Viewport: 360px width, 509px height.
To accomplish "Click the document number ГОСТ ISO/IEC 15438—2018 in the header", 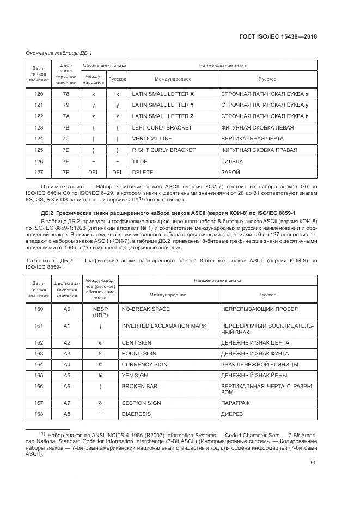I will (278, 36).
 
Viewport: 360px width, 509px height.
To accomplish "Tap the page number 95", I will (313, 463).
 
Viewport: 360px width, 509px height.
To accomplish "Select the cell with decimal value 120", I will (39, 94).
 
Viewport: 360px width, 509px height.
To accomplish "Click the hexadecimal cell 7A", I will (66, 116).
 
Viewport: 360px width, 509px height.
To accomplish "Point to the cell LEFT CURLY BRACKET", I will (162, 127).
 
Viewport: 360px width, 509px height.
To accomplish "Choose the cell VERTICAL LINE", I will (153, 139).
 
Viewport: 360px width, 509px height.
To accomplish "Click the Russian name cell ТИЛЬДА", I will (232, 161).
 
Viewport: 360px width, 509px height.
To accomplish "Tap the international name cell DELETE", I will (143, 173).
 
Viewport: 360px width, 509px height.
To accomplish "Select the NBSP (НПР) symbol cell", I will (100, 312).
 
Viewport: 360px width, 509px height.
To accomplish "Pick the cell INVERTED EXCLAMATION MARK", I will (164, 326).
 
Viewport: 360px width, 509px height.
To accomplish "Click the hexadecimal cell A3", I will (67, 353).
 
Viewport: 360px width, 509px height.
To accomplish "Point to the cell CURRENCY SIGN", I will (144, 364).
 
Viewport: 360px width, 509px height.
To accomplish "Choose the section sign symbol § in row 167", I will (100, 403).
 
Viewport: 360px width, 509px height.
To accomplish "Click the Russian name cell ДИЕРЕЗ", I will (233, 414).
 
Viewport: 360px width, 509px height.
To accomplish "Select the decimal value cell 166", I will (39, 386).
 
